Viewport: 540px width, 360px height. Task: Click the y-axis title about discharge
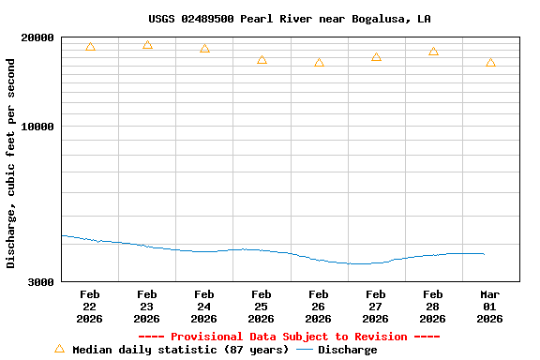(x=11, y=163)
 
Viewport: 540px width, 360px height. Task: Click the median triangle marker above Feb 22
(x=90, y=47)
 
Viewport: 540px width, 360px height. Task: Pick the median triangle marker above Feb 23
(x=147, y=45)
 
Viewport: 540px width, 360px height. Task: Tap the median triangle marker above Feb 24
(x=204, y=49)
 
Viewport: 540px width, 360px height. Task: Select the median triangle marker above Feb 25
(x=262, y=60)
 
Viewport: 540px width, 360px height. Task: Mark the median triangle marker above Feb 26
(x=319, y=63)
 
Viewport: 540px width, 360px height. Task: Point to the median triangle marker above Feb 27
(x=376, y=57)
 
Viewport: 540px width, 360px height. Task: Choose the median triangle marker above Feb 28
(x=433, y=52)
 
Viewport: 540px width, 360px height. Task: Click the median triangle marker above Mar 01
(x=490, y=63)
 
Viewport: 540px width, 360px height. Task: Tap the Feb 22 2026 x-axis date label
(x=90, y=307)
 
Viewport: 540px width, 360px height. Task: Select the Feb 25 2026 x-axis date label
(x=262, y=307)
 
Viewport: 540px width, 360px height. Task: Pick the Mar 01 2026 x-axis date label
(x=490, y=307)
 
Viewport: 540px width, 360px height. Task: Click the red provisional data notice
(x=289, y=337)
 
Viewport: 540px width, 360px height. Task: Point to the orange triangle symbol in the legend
(x=59, y=349)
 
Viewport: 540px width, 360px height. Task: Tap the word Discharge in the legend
(x=347, y=350)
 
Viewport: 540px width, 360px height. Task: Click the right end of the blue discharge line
(x=483, y=253)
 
